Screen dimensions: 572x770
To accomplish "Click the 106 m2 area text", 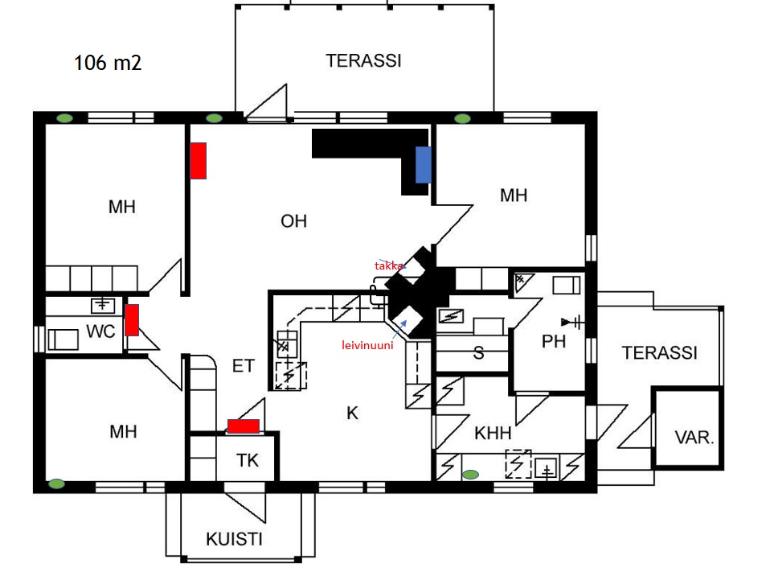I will (x=108, y=63).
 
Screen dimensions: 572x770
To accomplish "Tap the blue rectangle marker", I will (x=423, y=165).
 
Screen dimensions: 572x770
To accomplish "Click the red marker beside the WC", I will (x=132, y=319).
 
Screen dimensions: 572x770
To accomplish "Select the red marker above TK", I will (x=244, y=426).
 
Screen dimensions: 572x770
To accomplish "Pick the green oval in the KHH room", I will (x=470, y=474).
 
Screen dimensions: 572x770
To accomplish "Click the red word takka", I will (x=391, y=265).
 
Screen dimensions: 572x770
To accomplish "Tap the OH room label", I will (x=293, y=221).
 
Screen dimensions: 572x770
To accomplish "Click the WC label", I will (x=100, y=331).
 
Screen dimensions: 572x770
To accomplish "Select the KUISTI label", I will (x=234, y=539).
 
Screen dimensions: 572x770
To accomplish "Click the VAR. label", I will (x=694, y=438).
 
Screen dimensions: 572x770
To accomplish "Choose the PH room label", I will (x=554, y=342).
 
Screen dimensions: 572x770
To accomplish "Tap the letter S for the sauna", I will (x=478, y=353).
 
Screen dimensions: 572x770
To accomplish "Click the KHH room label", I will (x=493, y=434).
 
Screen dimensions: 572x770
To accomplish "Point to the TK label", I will (x=248, y=461).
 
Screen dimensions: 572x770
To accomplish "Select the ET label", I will (x=244, y=366).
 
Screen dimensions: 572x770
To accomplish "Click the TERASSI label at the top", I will (x=363, y=60).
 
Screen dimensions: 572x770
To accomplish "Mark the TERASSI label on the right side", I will (x=659, y=352).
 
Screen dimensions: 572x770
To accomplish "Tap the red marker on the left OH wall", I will (x=198, y=160).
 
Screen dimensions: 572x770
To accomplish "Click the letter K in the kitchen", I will (x=352, y=414).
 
